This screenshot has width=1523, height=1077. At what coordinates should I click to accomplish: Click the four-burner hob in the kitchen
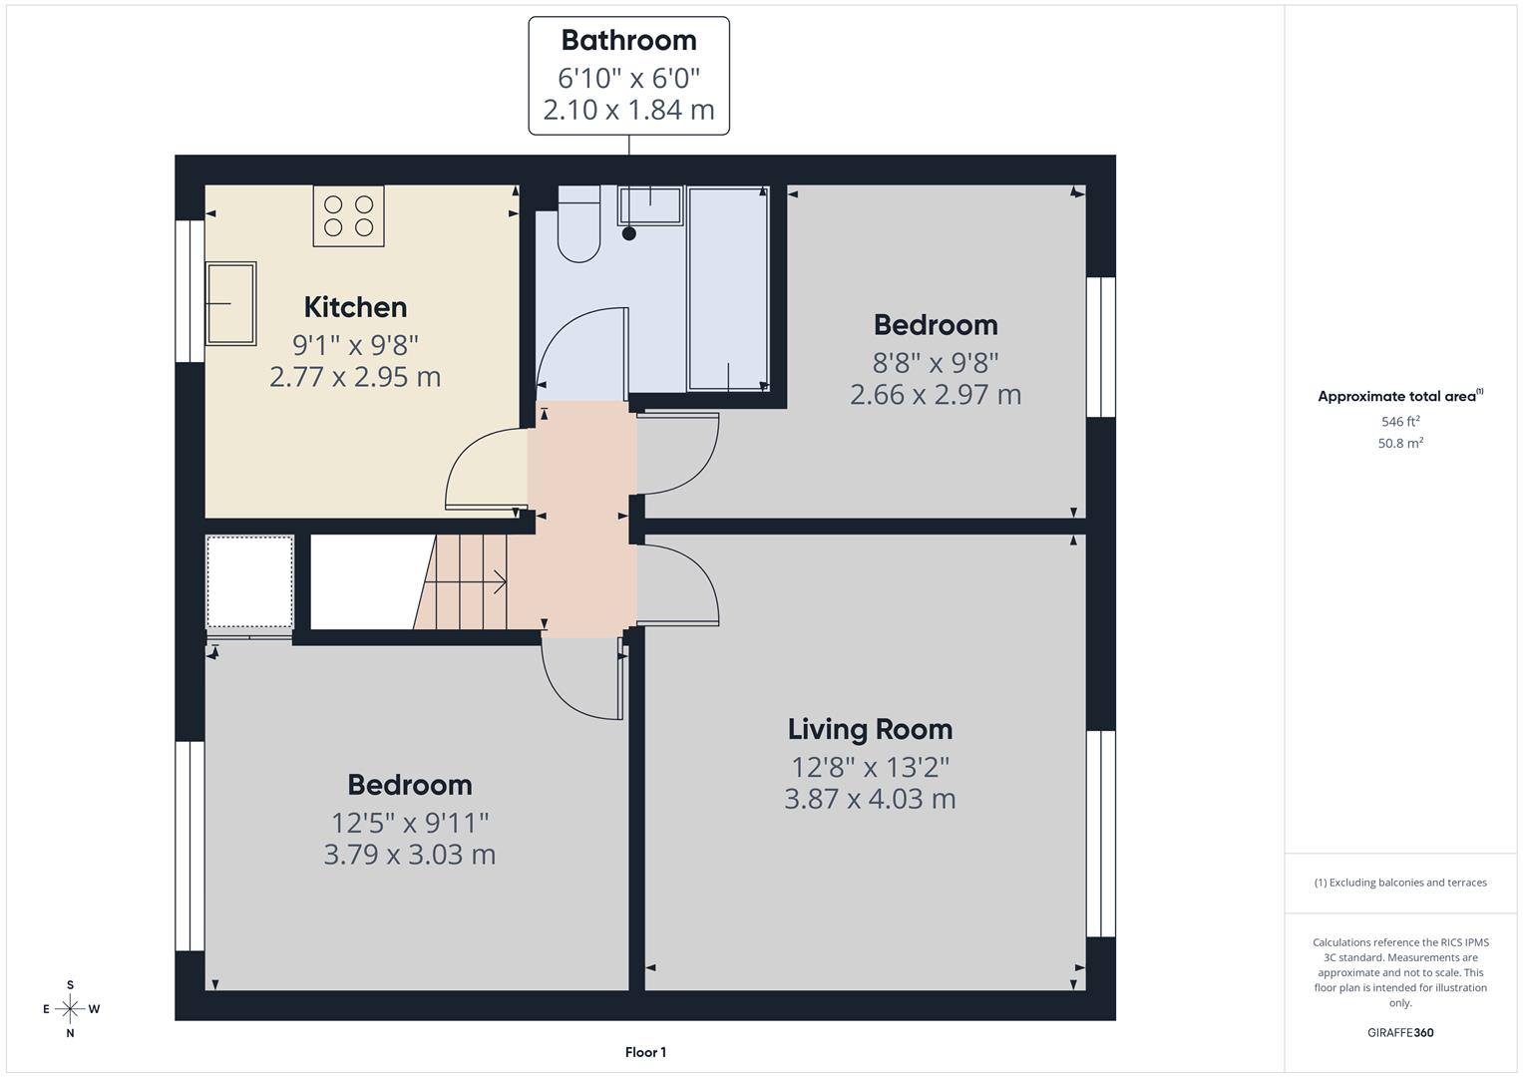point(348,215)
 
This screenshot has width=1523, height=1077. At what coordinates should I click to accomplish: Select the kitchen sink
point(230,303)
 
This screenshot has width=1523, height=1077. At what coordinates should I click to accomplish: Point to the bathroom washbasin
point(650,206)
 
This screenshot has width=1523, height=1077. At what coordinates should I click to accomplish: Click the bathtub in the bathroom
point(728,289)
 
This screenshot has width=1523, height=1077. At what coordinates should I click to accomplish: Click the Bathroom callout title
point(628,41)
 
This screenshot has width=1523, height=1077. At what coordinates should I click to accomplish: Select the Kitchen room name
point(355,307)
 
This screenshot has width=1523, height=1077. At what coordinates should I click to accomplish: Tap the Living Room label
point(870,730)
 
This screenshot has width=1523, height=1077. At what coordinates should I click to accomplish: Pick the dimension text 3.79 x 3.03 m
point(409,855)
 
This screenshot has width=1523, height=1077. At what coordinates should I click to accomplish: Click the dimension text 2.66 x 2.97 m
point(935,395)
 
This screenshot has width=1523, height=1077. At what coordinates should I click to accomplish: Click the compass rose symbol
point(70,1009)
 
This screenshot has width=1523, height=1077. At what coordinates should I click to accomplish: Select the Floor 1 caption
point(645,1052)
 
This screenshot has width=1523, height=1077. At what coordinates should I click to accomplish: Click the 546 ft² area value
point(1399,422)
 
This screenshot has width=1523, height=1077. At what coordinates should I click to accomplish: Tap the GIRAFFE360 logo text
point(1399,1032)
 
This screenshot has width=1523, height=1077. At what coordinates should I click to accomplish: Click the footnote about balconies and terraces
point(1399,883)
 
